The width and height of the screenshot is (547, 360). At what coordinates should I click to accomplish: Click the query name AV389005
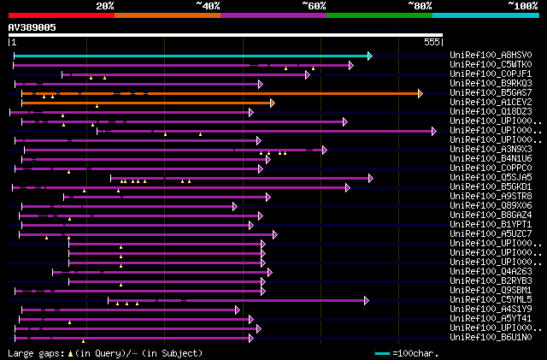32,27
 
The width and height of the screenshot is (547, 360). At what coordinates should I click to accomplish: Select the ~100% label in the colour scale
522,6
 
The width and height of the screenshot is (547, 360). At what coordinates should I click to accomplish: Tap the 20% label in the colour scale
105,6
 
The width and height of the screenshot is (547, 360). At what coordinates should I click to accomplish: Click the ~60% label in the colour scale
314,6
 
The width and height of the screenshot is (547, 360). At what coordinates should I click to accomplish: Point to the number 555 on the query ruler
432,42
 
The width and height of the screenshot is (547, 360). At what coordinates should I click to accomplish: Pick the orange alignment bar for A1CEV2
145,103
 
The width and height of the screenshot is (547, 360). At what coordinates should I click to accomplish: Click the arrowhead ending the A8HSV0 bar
369,56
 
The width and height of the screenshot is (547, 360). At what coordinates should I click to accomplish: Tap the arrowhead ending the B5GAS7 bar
419,93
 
